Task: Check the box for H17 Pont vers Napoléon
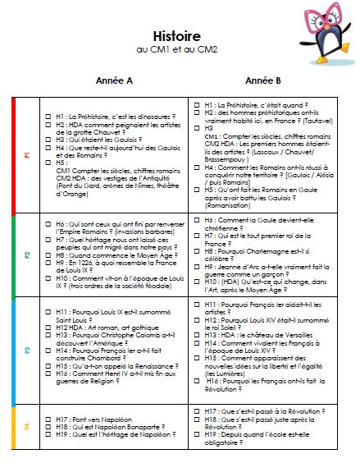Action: pyautogui.click(x=48, y=419)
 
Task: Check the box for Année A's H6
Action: pyautogui.click(x=48, y=222)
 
